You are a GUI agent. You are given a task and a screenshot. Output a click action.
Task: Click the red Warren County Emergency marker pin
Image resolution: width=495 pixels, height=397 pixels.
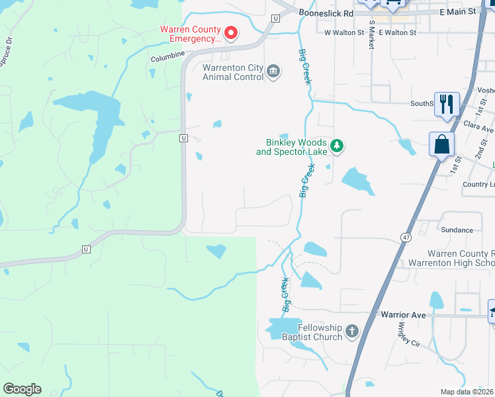pos(231,32)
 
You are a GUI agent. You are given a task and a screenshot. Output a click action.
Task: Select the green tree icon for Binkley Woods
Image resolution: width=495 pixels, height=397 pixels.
pos(337,146)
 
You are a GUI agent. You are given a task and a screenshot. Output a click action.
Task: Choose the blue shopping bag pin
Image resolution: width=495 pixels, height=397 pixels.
pos(441,144)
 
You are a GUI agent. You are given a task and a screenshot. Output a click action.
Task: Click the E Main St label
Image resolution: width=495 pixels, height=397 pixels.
pos(457,12)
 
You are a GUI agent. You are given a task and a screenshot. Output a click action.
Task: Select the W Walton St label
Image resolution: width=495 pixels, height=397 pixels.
pos(344,32)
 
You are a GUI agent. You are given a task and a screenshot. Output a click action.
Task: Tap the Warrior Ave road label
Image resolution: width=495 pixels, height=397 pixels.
pos(400,315)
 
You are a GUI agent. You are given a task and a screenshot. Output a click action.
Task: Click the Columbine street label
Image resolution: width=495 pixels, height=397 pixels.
pos(167,58)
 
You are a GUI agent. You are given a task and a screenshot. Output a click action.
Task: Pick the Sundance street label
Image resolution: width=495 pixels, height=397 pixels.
pos(457,230)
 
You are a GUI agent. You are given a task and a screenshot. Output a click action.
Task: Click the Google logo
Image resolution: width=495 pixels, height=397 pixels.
pos(22,389)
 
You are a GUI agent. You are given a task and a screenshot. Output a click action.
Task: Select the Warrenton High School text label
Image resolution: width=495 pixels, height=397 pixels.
pos(461,263)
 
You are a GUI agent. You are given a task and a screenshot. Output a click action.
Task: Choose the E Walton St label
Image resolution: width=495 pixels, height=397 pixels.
pos(398,32)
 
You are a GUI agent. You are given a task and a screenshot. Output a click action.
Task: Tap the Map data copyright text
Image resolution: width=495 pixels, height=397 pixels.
pos(467,392)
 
